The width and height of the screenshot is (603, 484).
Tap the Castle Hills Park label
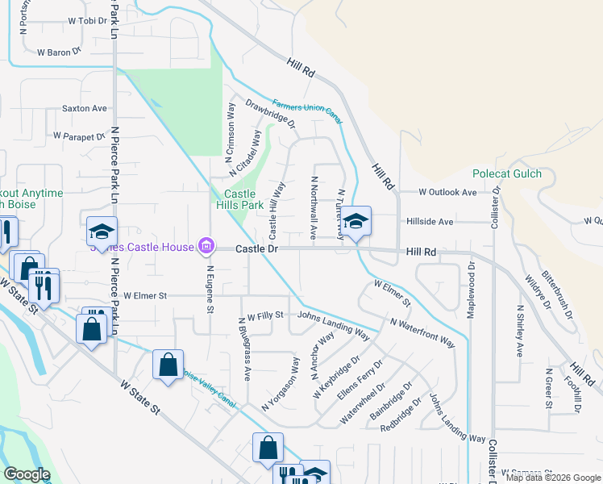(x=239, y=199)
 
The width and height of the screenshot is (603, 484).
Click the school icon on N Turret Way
(x=355, y=220)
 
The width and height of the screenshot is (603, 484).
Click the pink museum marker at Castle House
(x=206, y=245)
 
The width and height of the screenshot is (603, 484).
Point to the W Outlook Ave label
(x=447, y=192)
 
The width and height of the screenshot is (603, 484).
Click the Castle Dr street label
(x=256, y=249)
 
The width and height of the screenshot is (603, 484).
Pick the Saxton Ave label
(x=84, y=108)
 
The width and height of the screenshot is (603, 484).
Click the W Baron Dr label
(x=60, y=51)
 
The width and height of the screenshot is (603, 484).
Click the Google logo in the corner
(x=27, y=474)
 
